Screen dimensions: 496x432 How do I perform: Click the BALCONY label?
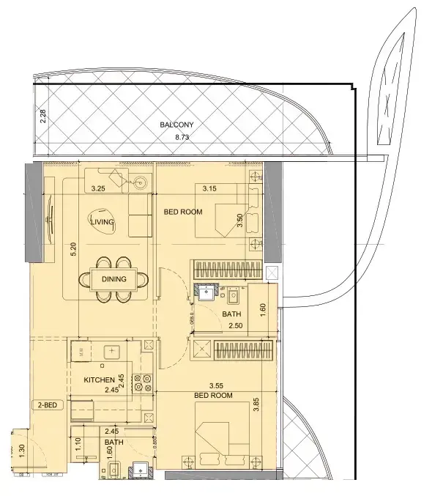click(x=176, y=125)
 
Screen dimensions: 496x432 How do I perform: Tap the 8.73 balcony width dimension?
click(x=176, y=136)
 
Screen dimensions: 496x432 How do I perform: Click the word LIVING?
click(x=101, y=221)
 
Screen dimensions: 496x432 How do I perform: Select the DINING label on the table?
click(x=114, y=279)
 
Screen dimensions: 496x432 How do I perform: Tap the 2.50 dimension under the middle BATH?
click(x=235, y=325)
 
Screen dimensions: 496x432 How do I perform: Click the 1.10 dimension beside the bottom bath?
click(x=78, y=443)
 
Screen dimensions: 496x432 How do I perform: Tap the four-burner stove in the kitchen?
click(x=146, y=383)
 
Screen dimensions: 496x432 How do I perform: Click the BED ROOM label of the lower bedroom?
click(x=213, y=396)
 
